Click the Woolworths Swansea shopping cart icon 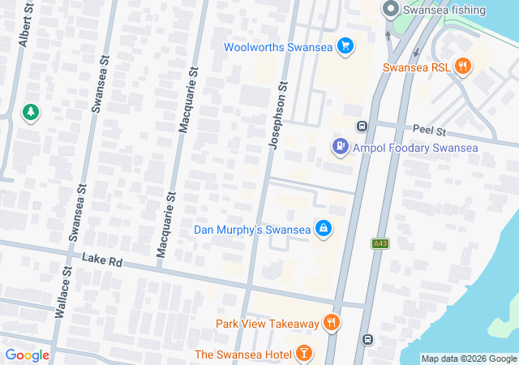346,46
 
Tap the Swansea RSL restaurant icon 463,67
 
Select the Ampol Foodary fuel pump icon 340,147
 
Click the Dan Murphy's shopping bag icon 324,230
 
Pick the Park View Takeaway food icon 331,324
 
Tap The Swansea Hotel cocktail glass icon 303,354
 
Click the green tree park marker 30,112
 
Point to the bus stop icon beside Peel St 362,126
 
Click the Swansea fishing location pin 390,10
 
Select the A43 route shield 379,243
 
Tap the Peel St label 429,131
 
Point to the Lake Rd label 101,260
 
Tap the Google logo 27,355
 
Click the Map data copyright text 469,359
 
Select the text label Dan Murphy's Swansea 252,230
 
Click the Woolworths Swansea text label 279,46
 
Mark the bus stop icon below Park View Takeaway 367,339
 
